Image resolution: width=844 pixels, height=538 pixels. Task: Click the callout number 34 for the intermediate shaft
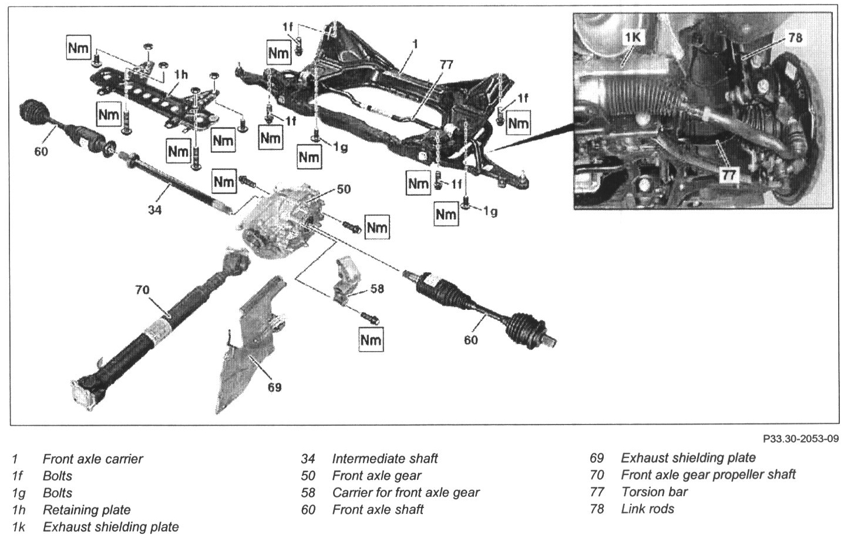tap(154, 209)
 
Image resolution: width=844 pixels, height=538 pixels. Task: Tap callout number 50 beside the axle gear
tap(343, 189)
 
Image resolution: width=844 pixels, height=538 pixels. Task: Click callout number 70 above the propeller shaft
tap(142, 290)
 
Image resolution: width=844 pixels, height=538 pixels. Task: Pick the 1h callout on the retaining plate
tap(181, 75)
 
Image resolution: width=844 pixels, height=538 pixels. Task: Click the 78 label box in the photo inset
tap(795, 38)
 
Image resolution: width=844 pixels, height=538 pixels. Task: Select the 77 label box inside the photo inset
tap(729, 175)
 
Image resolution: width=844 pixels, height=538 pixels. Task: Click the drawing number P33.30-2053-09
tap(800, 439)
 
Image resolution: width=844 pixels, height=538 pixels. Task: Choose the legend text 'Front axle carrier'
tap(93, 459)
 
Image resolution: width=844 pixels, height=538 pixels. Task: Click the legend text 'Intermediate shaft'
tap(385, 459)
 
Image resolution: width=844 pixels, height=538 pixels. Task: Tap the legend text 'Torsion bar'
tap(654, 492)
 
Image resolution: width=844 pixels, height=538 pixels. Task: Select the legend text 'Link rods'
tap(647, 509)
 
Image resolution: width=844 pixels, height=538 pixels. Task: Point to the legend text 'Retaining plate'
tap(86, 510)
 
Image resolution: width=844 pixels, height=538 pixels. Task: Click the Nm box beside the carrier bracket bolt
tap(371, 339)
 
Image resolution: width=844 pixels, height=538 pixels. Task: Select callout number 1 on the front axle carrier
tap(415, 44)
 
